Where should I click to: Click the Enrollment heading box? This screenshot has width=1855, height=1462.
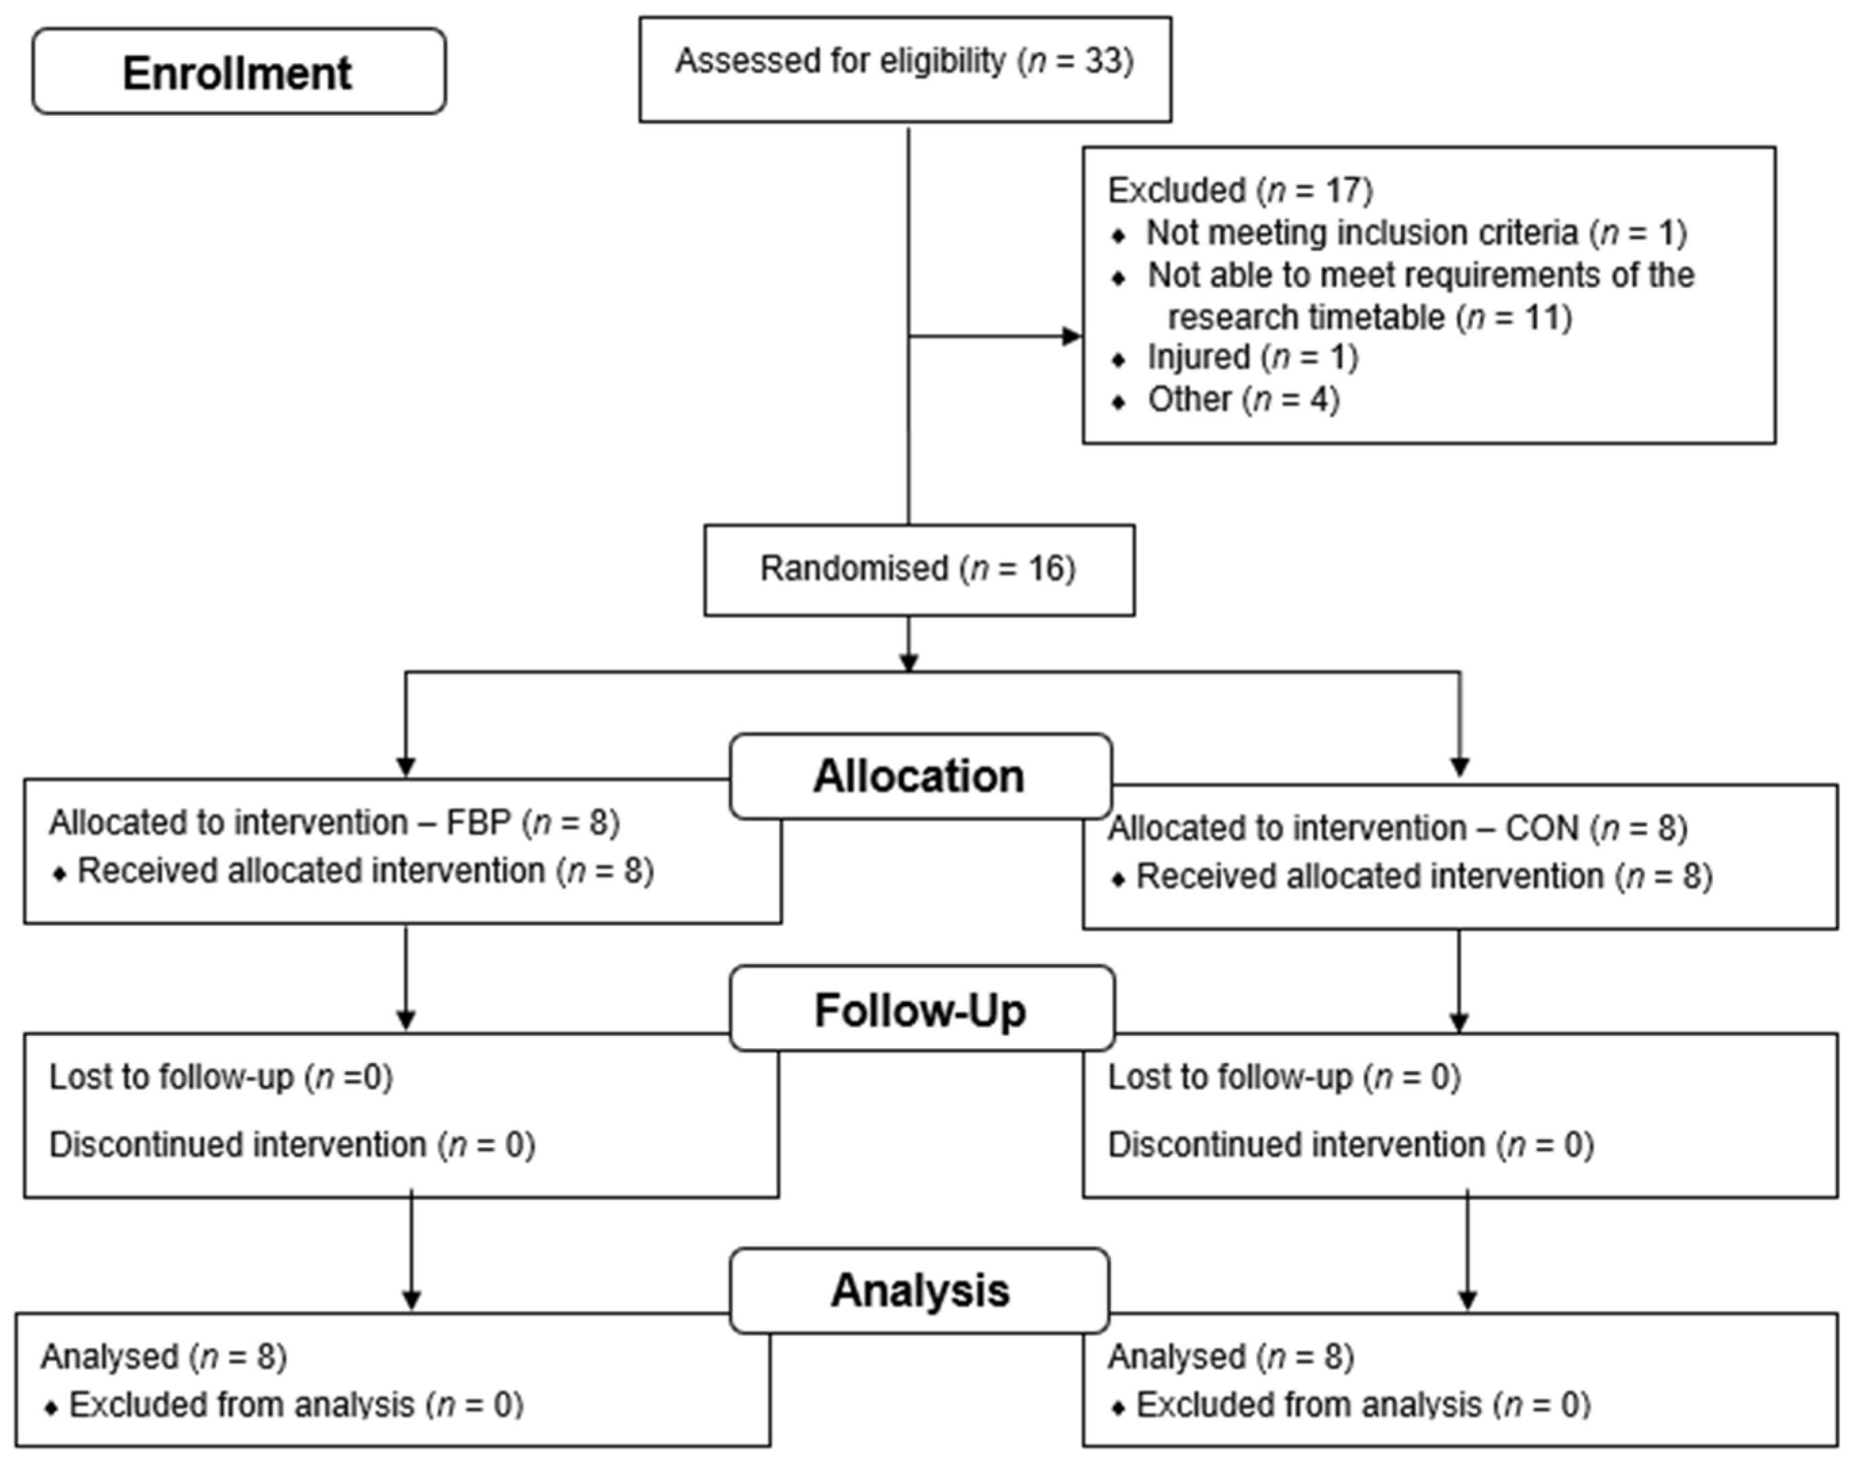(239, 72)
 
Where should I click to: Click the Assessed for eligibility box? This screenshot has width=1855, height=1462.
(905, 69)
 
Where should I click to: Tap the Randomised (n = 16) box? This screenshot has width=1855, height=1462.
(919, 570)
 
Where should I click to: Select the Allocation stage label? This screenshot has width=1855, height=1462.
(920, 776)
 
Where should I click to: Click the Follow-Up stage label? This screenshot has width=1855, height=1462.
(921, 1010)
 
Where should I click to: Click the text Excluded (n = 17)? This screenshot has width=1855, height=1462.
(1241, 190)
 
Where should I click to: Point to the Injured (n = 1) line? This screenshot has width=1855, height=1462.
(1252, 357)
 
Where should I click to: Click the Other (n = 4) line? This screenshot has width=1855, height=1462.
(1243, 400)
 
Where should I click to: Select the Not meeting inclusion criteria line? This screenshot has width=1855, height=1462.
(1417, 233)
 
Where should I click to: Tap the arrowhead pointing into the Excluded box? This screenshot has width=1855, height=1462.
(1072, 337)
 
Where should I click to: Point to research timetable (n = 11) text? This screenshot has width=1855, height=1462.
(1370, 318)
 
